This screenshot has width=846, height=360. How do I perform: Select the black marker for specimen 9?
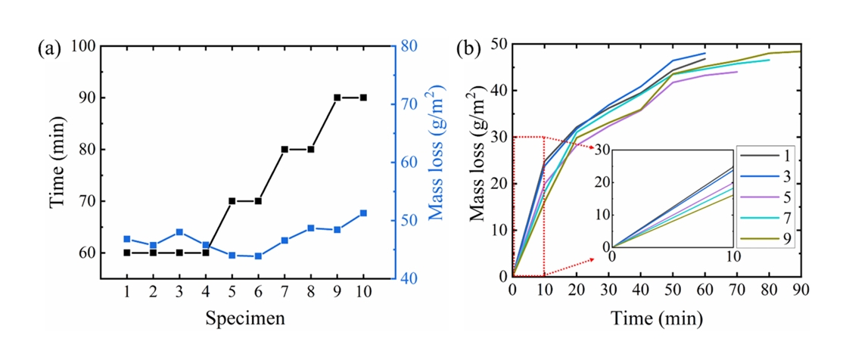(x=337, y=98)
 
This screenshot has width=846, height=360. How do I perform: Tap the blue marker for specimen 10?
(x=363, y=213)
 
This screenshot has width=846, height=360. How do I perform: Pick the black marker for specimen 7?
(x=285, y=150)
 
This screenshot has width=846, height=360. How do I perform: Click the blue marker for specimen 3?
(x=179, y=232)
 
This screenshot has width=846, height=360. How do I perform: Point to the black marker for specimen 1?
(x=127, y=253)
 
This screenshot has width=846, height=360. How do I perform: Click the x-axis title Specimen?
(x=245, y=318)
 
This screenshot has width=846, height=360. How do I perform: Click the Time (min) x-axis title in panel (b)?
(x=656, y=316)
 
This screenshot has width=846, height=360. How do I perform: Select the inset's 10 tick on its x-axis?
(x=733, y=257)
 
